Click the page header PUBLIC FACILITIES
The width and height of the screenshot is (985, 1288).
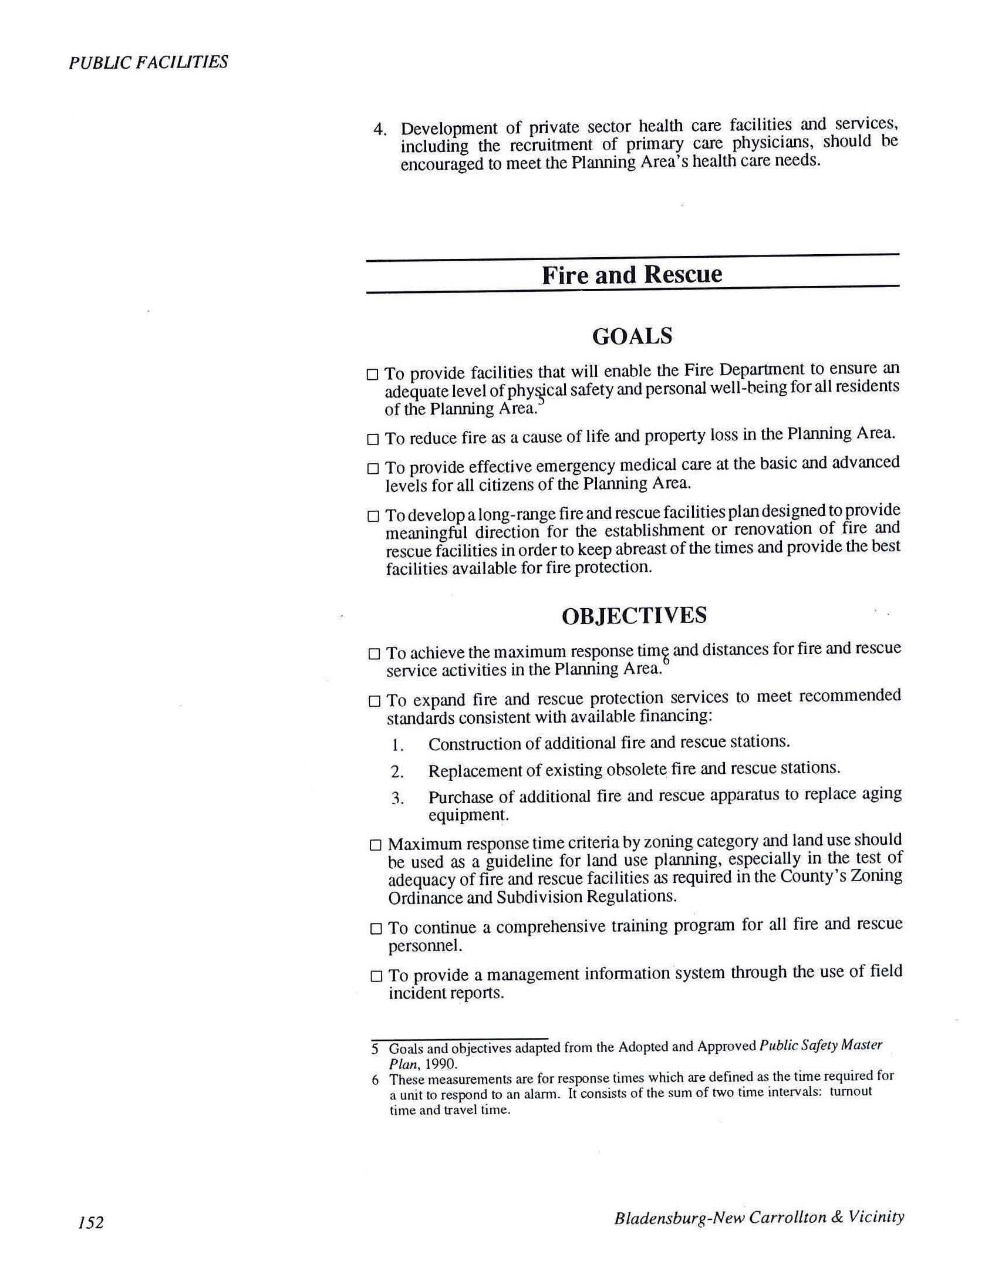pyautogui.click(x=148, y=62)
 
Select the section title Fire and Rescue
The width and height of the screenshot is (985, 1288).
pyautogui.click(x=632, y=275)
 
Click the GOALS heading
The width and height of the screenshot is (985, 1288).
pyautogui.click(x=632, y=336)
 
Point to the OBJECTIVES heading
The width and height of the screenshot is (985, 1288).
pyautogui.click(x=634, y=615)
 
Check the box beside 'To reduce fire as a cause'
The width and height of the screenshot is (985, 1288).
pyautogui.click(x=373, y=439)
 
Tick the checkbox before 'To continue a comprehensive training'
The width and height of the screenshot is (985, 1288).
pyautogui.click(x=376, y=929)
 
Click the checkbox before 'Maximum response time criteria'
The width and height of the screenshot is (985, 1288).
pyautogui.click(x=376, y=845)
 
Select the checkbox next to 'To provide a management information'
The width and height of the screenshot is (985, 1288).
pyautogui.click(x=377, y=977)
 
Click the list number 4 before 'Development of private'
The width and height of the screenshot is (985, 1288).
pyautogui.click(x=379, y=129)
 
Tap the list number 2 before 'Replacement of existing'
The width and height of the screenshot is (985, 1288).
pyautogui.click(x=397, y=771)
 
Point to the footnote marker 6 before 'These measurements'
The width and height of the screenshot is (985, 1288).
pyautogui.click(x=375, y=1080)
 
